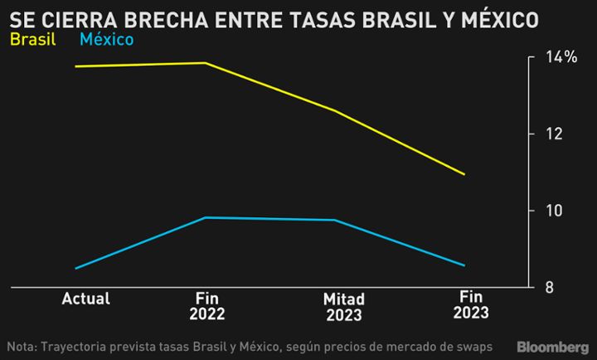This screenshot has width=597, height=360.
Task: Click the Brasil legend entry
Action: (x=32, y=39)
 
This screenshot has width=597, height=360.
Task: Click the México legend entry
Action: (x=105, y=39)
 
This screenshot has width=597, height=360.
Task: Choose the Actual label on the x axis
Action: (x=86, y=299)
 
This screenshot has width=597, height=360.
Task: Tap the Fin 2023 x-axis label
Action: (x=471, y=304)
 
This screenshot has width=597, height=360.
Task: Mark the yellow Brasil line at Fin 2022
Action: (x=206, y=63)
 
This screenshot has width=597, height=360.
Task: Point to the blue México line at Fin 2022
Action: (x=206, y=217)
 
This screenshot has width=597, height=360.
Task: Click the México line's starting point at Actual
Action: (x=76, y=268)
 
